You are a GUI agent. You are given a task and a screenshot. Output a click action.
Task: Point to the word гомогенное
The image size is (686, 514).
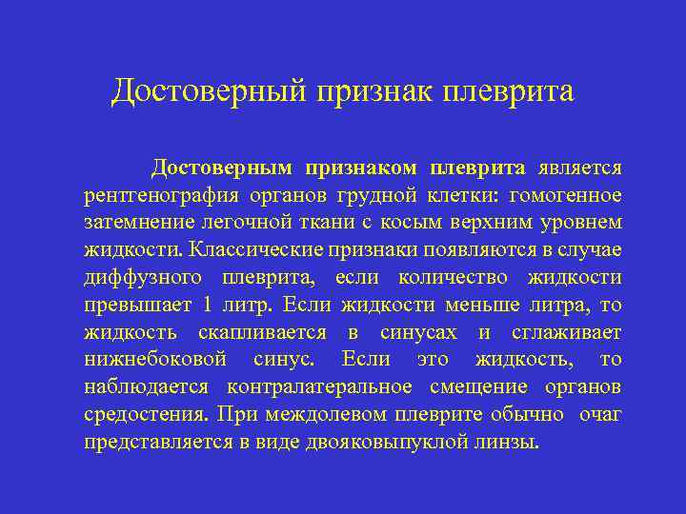point(566,196)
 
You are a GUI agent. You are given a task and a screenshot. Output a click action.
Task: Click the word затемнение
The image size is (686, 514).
point(140,223)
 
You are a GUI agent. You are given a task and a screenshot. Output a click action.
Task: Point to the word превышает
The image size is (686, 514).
point(137,306)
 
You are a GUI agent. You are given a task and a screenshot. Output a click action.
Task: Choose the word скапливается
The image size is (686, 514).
point(262,333)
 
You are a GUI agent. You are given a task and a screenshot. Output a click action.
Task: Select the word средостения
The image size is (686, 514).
point(144,415)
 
